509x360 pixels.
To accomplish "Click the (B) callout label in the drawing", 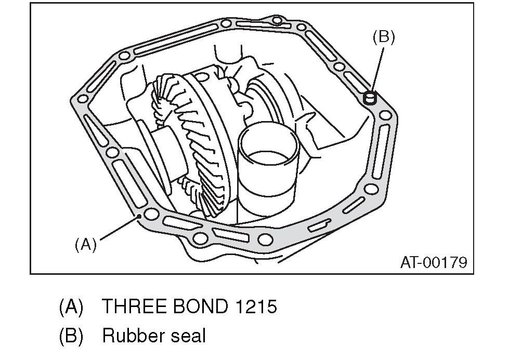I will (x=384, y=37).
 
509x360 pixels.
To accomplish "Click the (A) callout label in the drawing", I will (x=86, y=244).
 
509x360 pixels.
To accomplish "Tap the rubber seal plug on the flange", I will (x=370, y=97).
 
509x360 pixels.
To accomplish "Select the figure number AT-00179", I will (x=433, y=262).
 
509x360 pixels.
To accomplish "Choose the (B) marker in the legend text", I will (x=71, y=336).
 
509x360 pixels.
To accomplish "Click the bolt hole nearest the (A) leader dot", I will (x=152, y=214).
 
